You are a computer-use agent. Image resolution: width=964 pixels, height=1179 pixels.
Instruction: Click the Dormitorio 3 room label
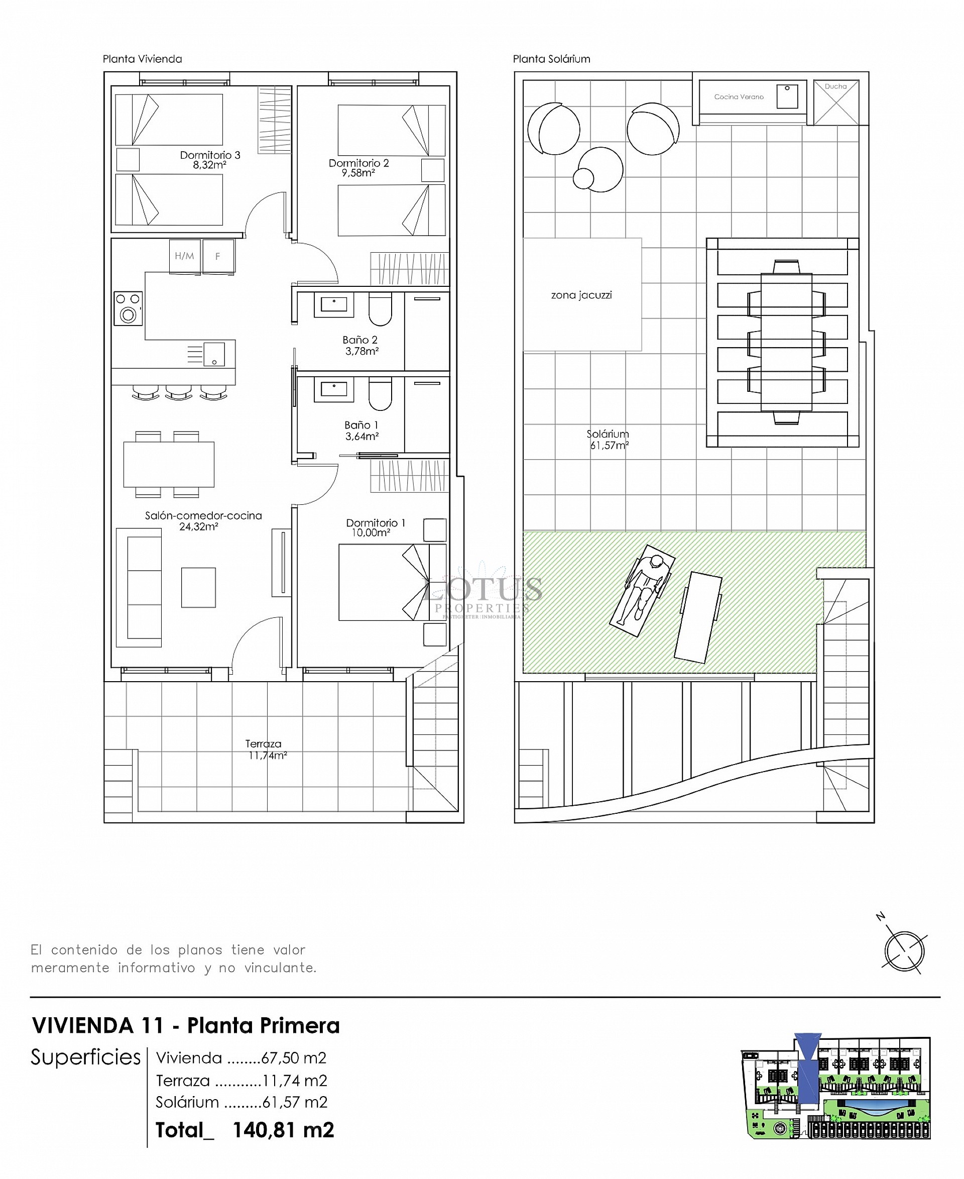click(x=210, y=155)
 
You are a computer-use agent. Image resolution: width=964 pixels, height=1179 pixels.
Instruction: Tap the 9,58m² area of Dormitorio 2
click(x=358, y=173)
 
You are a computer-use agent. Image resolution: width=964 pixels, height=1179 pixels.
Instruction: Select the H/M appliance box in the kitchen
click(x=184, y=256)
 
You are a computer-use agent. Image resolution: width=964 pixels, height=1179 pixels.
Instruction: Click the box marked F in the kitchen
click(x=218, y=256)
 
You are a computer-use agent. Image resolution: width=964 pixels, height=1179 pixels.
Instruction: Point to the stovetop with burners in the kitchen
click(x=128, y=308)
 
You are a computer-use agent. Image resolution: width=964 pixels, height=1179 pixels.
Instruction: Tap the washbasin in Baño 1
click(x=334, y=389)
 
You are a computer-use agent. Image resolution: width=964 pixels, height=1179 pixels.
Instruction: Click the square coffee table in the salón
click(x=198, y=587)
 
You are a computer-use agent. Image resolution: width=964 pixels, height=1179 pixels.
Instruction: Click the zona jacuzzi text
click(x=581, y=295)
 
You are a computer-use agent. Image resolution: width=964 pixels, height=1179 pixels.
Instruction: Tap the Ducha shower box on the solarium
click(x=836, y=103)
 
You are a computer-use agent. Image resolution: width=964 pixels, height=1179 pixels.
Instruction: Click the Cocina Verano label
click(x=739, y=96)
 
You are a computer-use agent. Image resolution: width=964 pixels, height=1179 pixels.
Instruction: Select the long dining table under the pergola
click(x=786, y=342)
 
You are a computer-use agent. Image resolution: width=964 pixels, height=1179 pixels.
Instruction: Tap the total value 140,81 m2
click(x=283, y=1130)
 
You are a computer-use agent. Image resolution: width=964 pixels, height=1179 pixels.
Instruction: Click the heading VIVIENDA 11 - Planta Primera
click(x=186, y=1026)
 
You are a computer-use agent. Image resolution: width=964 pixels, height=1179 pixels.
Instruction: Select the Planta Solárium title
click(x=551, y=59)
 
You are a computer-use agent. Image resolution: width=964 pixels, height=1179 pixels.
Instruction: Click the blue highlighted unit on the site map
click(x=808, y=1069)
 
